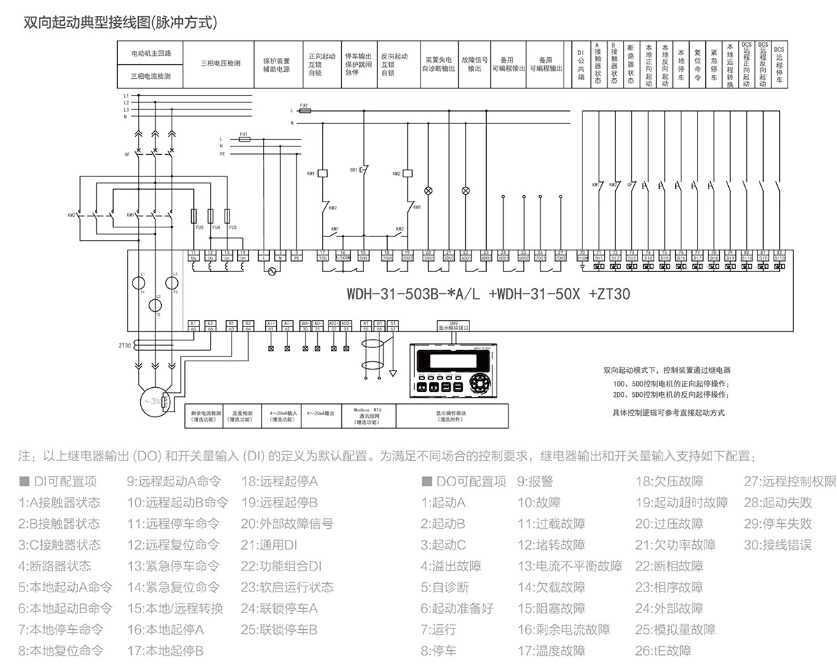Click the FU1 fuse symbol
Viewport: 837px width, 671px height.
[x=243, y=139]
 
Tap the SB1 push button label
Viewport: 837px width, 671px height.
[x=353, y=169]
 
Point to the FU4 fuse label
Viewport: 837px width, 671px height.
[x=216, y=228]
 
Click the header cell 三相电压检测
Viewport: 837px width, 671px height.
[x=220, y=63]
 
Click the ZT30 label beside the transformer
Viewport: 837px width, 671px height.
[x=125, y=345]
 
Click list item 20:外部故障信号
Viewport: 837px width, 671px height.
[x=287, y=524]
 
